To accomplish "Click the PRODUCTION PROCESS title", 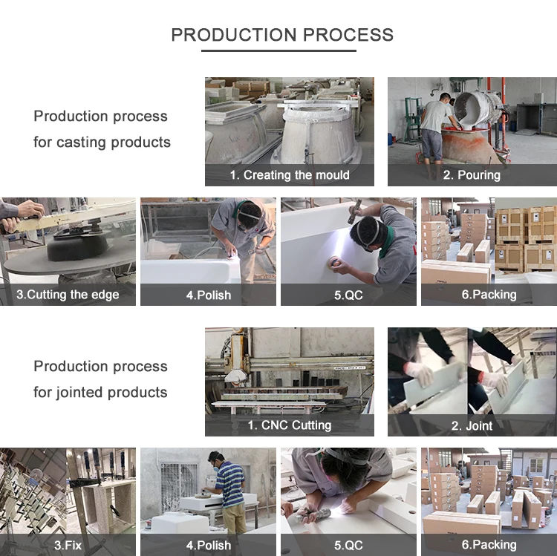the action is pyautogui.click(x=282, y=35).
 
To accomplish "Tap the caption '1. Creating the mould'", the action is pyautogui.click(x=290, y=175).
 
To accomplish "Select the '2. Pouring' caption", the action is pyautogui.click(x=472, y=175).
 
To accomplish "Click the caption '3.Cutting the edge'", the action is pyautogui.click(x=68, y=295).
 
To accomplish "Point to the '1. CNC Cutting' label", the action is pyautogui.click(x=290, y=425).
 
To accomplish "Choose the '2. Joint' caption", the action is pyautogui.click(x=472, y=425).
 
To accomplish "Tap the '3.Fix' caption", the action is pyautogui.click(x=68, y=545).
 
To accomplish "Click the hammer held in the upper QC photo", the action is pyautogui.click(x=354, y=211).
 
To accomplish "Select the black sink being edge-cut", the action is pyautogui.click(x=78, y=247).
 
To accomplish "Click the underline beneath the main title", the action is pyautogui.click(x=278, y=50).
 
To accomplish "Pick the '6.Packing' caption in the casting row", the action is pyautogui.click(x=489, y=295).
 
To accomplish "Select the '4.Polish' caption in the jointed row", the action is pyautogui.click(x=209, y=545).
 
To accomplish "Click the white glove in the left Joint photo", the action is pyautogui.click(x=420, y=374).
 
